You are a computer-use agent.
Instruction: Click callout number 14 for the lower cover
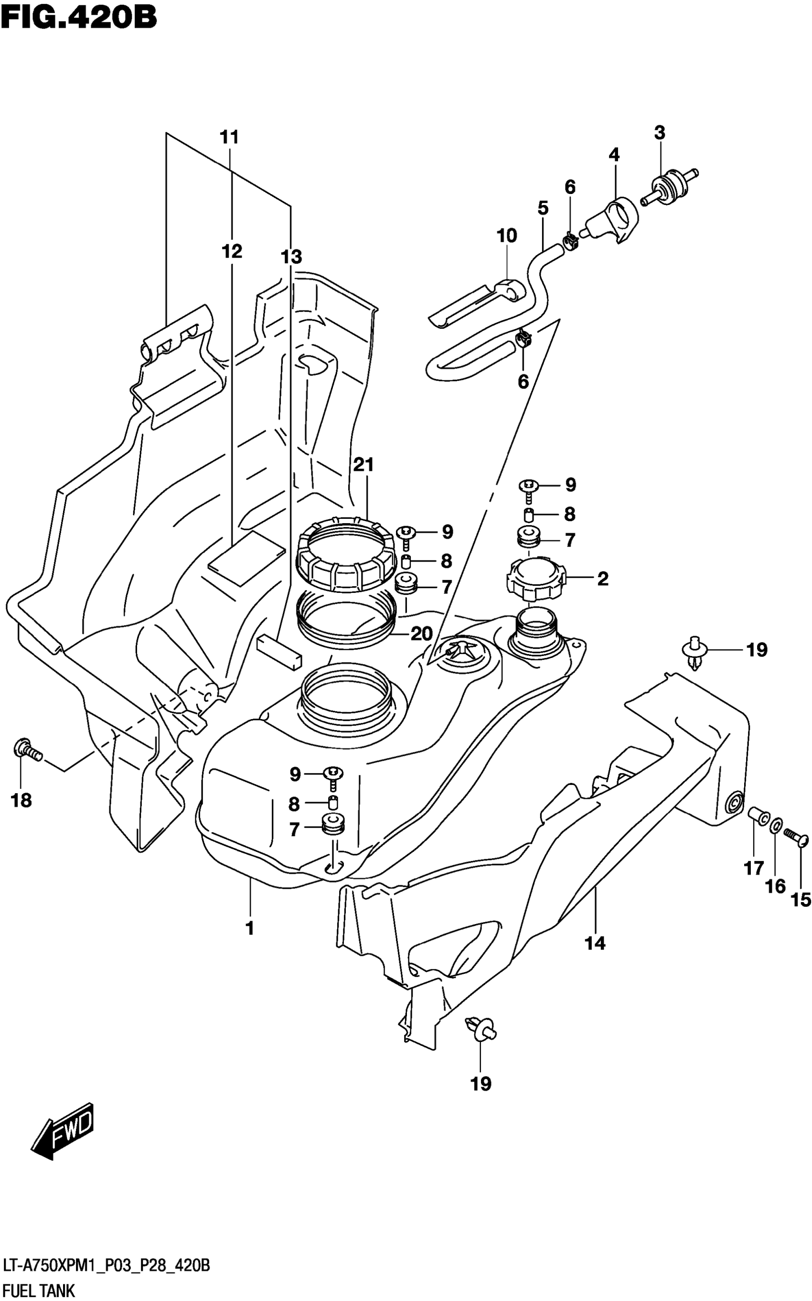click(x=595, y=943)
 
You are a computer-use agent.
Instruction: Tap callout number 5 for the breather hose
click(x=543, y=208)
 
